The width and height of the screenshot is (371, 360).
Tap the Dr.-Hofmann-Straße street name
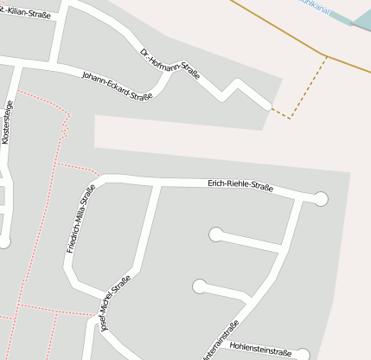[x=170, y=65]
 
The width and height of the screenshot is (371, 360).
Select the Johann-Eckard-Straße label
[x=117, y=86]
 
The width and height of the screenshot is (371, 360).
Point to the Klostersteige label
[x=9, y=121]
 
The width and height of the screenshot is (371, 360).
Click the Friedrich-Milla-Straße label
[x=80, y=219]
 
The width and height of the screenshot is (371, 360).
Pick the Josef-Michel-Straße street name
[x=115, y=304]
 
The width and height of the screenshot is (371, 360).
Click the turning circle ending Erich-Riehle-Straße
[x=321, y=199]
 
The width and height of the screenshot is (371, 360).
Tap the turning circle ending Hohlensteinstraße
[x=302, y=355]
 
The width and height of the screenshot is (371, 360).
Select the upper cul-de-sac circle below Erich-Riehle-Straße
[x=215, y=234]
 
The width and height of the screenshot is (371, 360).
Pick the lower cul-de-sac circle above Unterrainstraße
[x=200, y=286]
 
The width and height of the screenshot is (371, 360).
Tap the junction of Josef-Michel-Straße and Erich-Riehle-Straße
[x=157, y=183]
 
